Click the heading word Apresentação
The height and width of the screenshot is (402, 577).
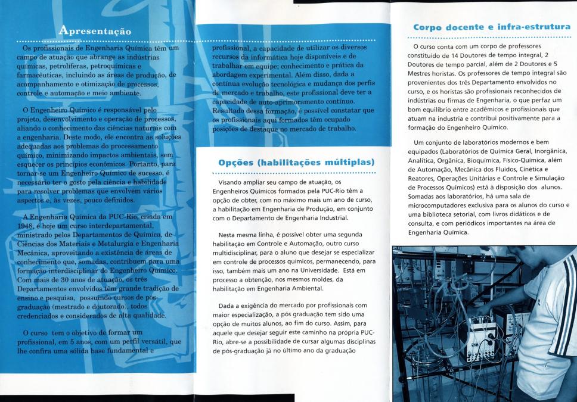[95, 30]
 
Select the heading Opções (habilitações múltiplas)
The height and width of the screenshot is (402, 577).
[296, 162]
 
